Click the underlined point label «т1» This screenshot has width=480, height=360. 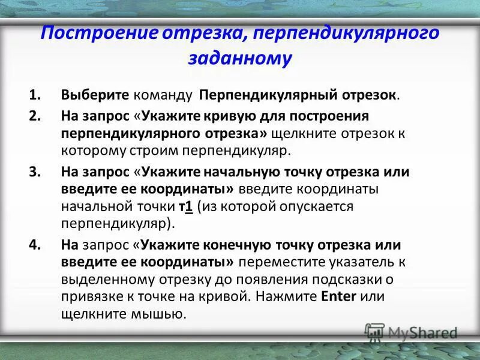(185, 207)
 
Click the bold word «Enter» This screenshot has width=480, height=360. (339, 296)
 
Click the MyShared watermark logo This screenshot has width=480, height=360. (411, 332)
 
